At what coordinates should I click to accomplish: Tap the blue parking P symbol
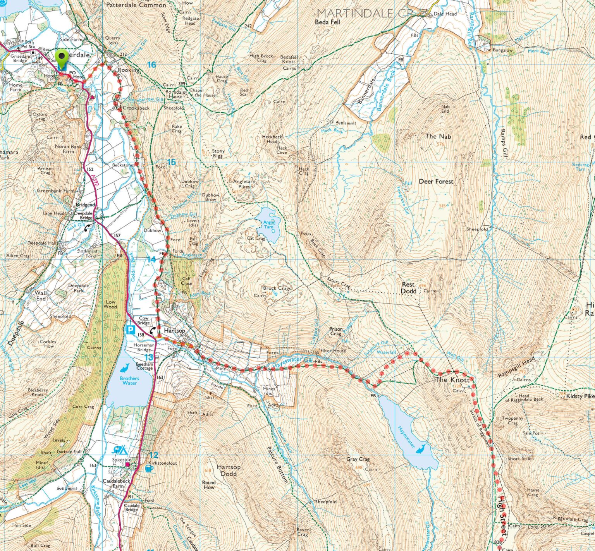pyautogui.click(x=131, y=330)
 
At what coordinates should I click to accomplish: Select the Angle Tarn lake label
pyautogui.click(x=268, y=225)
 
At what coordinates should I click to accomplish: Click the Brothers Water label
pyautogui.click(x=129, y=381)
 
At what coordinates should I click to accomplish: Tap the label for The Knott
pyautogui.click(x=452, y=379)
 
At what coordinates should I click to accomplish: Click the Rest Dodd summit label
pyautogui.click(x=409, y=288)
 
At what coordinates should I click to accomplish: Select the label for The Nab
pyautogui.click(x=438, y=136)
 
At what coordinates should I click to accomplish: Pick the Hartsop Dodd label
pyautogui.click(x=229, y=470)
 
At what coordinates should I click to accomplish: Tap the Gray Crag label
pyautogui.click(x=358, y=459)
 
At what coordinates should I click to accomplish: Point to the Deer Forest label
pyautogui.click(x=436, y=181)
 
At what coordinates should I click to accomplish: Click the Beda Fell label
pyautogui.click(x=327, y=22)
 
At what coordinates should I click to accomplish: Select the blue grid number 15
pyautogui.click(x=171, y=162)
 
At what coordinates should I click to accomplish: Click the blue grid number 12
pyautogui.click(x=154, y=455)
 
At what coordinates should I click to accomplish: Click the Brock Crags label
pyautogui.click(x=277, y=288)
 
